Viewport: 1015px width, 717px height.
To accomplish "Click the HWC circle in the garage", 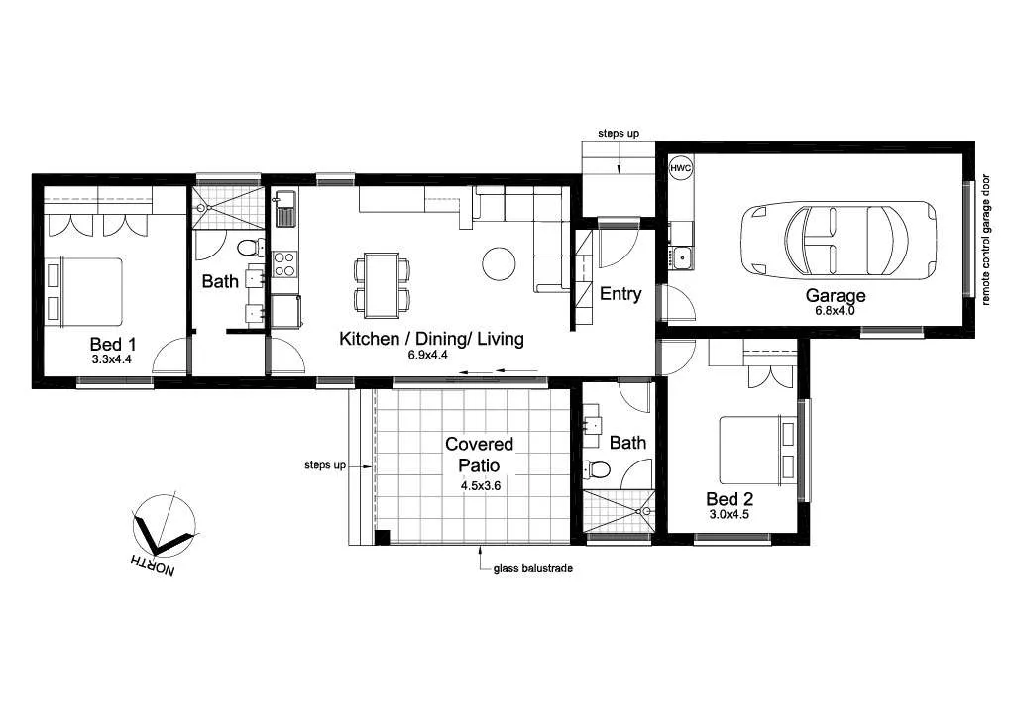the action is click(680, 168).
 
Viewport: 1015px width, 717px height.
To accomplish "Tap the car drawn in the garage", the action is click(839, 241).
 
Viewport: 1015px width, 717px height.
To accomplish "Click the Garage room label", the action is click(835, 295).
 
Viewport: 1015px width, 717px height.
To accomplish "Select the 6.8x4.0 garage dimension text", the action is click(835, 310).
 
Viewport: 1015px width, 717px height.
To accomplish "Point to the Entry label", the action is click(620, 294).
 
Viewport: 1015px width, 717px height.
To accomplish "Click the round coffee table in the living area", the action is click(500, 263).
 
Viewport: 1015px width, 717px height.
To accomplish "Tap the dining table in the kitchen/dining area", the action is click(382, 285).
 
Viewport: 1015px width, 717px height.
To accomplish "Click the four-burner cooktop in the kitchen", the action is click(284, 263).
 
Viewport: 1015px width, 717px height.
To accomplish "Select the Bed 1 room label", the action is click(113, 344).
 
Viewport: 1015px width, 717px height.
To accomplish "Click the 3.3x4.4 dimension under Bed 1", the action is click(112, 359).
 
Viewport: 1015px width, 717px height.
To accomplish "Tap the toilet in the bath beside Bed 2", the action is click(596, 469).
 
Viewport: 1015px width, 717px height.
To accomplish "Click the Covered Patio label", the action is click(479, 455).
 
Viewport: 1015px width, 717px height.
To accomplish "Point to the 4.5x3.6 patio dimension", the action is click(481, 485).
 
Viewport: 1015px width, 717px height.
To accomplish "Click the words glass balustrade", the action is click(532, 568).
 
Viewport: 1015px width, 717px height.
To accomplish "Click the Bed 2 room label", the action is click(730, 499).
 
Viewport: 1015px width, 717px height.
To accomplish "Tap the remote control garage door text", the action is click(986, 241).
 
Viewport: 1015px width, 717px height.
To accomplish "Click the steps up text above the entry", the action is click(619, 133).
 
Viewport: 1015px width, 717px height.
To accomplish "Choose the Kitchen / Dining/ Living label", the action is click(431, 338).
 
